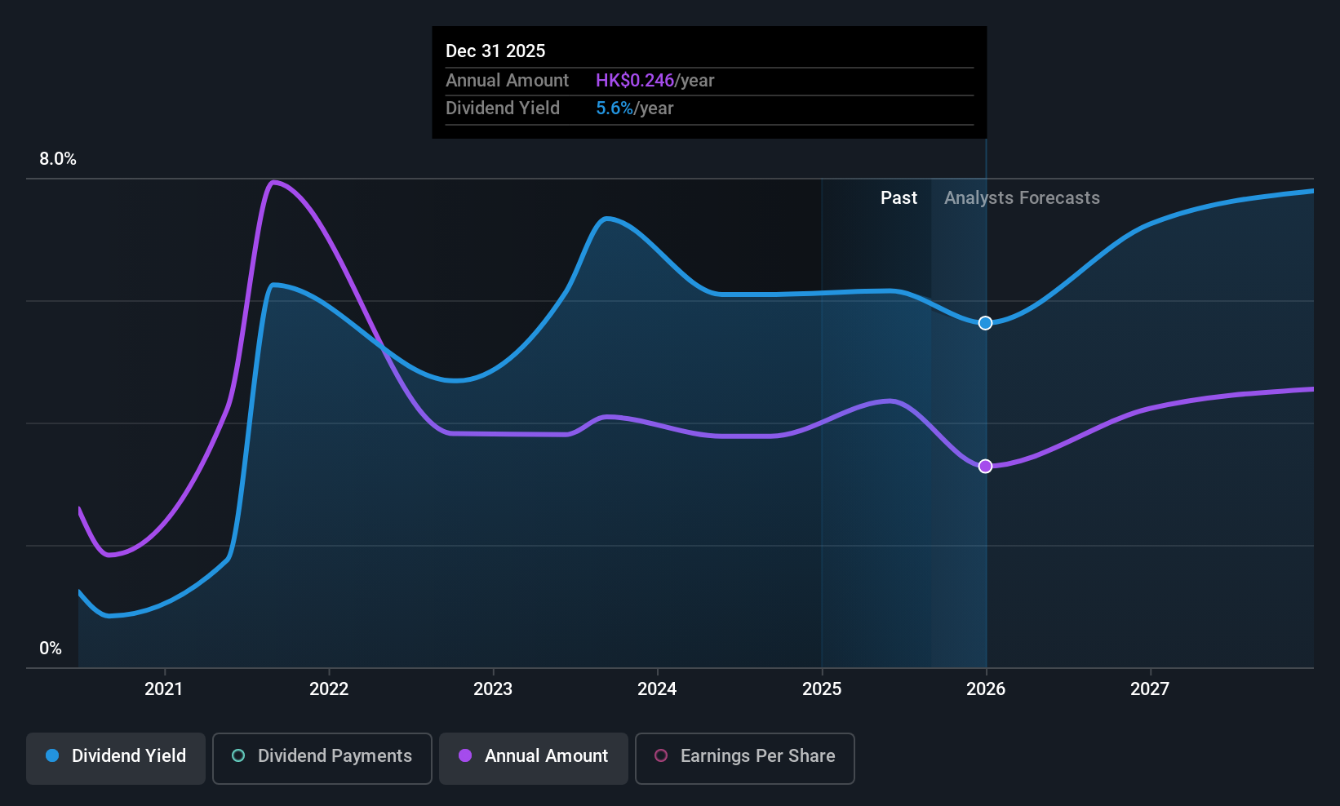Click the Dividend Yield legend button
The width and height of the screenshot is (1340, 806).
(x=115, y=758)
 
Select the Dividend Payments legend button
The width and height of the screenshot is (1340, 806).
(x=322, y=758)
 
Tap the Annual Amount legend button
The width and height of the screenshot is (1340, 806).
(x=534, y=758)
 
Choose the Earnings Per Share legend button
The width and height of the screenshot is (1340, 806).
(x=745, y=758)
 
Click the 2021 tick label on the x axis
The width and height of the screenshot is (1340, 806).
(x=164, y=689)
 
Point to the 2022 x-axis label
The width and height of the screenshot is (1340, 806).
(x=328, y=689)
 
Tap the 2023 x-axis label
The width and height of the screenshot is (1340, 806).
(x=493, y=689)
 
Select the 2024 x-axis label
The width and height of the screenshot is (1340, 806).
(x=657, y=689)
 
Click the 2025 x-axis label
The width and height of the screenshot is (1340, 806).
(x=821, y=689)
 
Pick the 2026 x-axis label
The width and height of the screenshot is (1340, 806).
(x=986, y=689)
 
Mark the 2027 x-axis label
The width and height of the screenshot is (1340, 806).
(x=1150, y=689)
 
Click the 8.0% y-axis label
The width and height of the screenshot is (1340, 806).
(x=58, y=159)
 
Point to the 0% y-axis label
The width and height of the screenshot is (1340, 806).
(x=51, y=649)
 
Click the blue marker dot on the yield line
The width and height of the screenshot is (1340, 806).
(x=985, y=323)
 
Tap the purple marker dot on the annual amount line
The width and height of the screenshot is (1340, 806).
(x=985, y=466)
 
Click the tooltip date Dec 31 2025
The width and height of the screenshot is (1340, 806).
(x=495, y=51)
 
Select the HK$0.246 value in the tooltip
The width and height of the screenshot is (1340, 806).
(x=635, y=80)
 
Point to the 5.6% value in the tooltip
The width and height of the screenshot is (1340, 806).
(x=615, y=108)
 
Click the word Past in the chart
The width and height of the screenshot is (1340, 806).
(x=899, y=198)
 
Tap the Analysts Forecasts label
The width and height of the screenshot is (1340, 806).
(x=1022, y=198)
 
